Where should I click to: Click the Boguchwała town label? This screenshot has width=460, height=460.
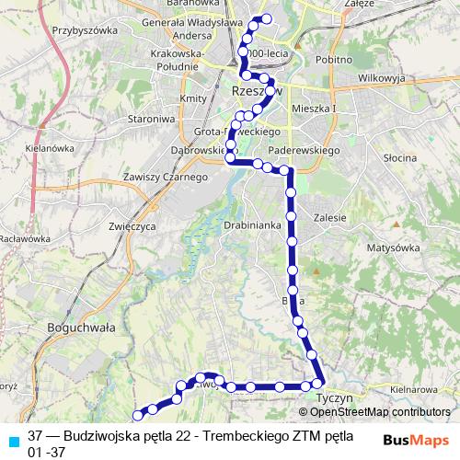tap(77, 326)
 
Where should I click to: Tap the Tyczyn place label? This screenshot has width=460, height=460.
tap(328, 399)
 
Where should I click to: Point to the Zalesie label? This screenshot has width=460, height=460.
tap(328, 218)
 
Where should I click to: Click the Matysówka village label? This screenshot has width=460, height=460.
tap(393, 248)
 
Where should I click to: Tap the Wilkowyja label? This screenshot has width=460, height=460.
tap(382, 78)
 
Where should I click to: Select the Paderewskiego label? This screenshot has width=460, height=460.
tap(304, 149)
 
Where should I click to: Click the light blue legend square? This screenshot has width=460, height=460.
tap(12, 439)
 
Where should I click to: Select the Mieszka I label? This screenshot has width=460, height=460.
tap(315, 108)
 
